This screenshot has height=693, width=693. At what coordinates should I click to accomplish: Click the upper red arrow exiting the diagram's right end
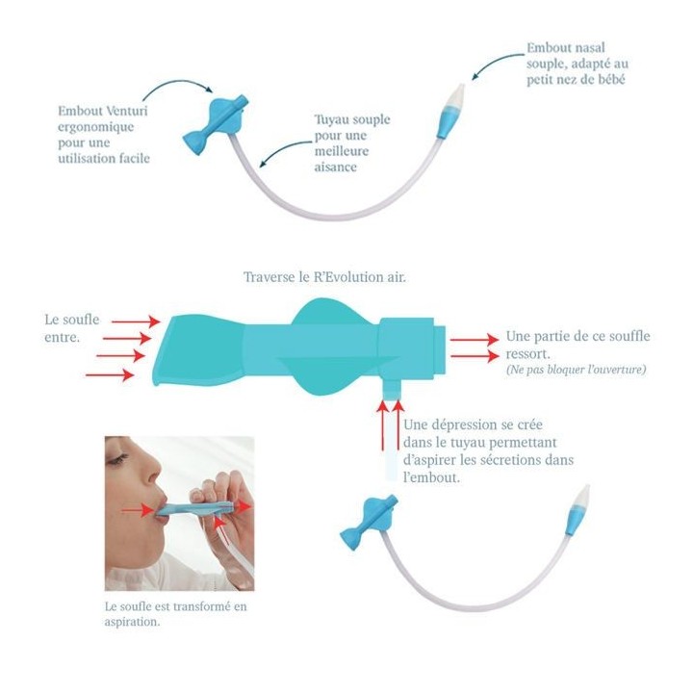point(474,338)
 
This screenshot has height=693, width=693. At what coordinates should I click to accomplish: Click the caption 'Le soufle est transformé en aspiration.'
point(175,614)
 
